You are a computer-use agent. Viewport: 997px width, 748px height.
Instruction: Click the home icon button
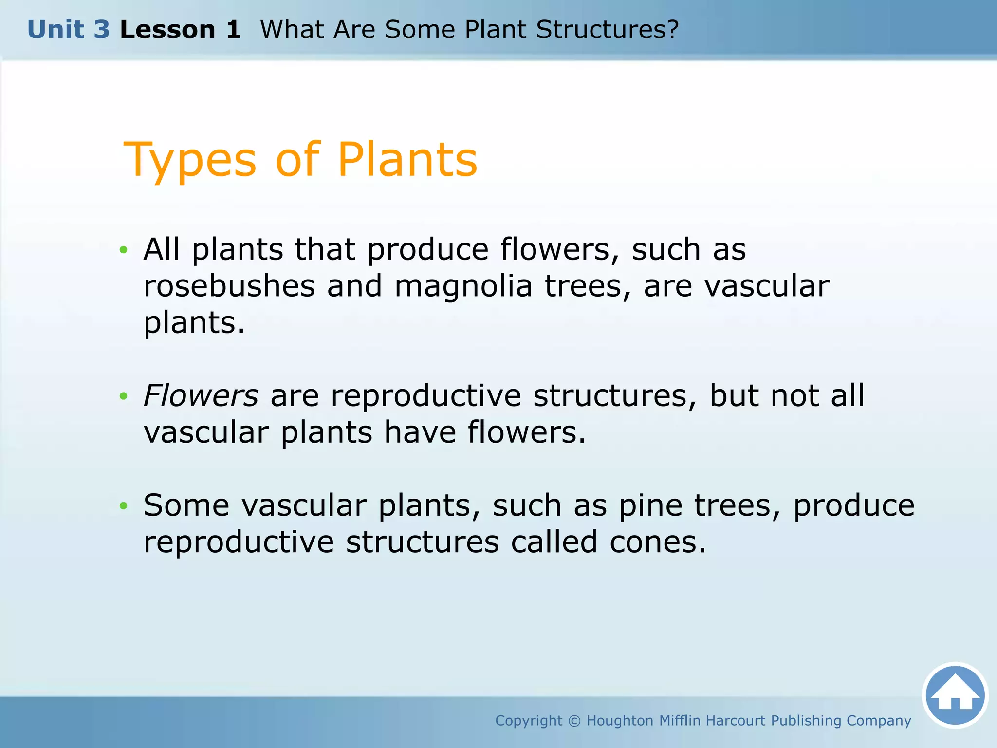[x=955, y=695]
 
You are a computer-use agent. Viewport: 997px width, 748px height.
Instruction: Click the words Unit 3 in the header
[x=69, y=30]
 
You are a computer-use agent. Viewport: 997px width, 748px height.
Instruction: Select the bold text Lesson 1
[x=180, y=30]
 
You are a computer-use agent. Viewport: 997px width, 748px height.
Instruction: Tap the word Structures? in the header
[x=607, y=30]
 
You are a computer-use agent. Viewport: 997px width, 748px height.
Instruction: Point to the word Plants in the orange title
[x=407, y=160]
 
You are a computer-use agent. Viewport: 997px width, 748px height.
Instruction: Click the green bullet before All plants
[x=124, y=250]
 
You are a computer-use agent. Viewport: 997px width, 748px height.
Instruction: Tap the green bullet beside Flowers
[x=124, y=396]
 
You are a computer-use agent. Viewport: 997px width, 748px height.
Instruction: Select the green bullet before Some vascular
[x=124, y=506]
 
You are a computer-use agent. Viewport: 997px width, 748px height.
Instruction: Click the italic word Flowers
[x=201, y=395]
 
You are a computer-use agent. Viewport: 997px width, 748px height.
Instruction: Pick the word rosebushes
[x=229, y=286]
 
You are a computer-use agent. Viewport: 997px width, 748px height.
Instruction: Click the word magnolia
[x=463, y=286]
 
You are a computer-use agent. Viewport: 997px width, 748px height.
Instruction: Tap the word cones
[x=657, y=542]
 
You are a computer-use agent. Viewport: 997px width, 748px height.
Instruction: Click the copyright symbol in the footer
[x=574, y=721]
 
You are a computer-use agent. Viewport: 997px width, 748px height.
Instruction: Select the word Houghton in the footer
[x=619, y=721]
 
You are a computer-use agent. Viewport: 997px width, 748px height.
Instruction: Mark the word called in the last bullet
[x=554, y=542]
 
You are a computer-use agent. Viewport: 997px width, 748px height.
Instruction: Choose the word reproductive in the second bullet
[x=426, y=395]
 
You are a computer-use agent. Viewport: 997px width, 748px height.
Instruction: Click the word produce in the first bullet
[x=427, y=250]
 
